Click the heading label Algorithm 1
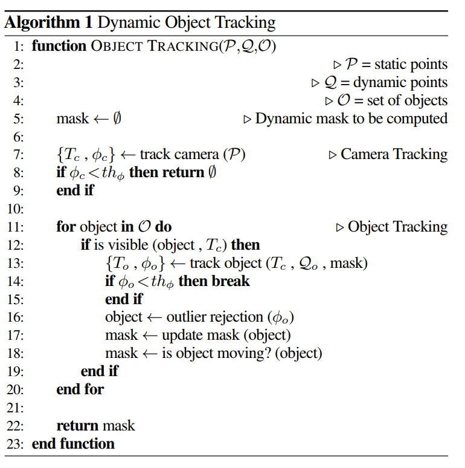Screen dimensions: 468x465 click(x=48, y=23)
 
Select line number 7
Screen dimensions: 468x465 click(x=17, y=155)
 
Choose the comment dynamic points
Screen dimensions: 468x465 click(x=400, y=82)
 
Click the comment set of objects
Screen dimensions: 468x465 click(x=407, y=100)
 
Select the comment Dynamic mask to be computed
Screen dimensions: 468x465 click(x=351, y=119)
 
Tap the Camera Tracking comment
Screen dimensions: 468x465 click(x=394, y=155)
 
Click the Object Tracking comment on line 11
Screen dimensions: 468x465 click(x=398, y=227)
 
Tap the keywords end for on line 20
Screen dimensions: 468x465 click(x=80, y=389)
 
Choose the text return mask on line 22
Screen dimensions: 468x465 click(x=95, y=426)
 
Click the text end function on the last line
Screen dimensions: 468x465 click(x=73, y=444)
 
